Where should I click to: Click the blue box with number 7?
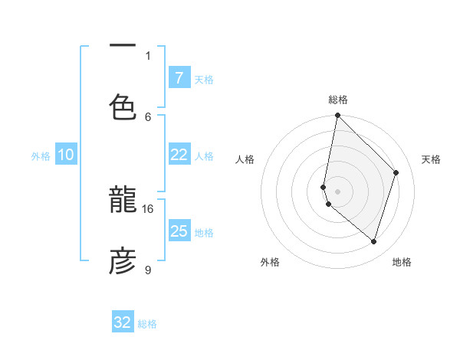pyautogui.click(x=179, y=77)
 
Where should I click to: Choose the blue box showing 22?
pyautogui.click(x=179, y=155)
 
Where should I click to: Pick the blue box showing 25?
pyautogui.click(x=179, y=231)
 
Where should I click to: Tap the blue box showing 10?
pyautogui.click(x=66, y=155)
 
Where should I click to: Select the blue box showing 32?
pyautogui.click(x=123, y=322)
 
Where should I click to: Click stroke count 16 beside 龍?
pyautogui.click(x=148, y=208)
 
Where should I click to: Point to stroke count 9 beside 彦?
pyautogui.click(x=148, y=270)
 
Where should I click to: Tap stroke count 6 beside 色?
pyautogui.click(x=148, y=116)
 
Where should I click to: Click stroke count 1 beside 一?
pyautogui.click(x=148, y=55)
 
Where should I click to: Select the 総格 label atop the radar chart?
pyautogui.click(x=337, y=100)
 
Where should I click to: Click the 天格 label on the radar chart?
pyautogui.click(x=431, y=159)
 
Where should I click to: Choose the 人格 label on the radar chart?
pyautogui.click(x=245, y=159)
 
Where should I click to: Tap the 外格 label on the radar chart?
pyautogui.click(x=270, y=262)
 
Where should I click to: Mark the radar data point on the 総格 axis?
pyautogui.click(x=337, y=115)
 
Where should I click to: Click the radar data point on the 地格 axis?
pyautogui.click(x=373, y=241)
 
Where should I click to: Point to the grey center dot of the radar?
pyautogui.click(x=337, y=191)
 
